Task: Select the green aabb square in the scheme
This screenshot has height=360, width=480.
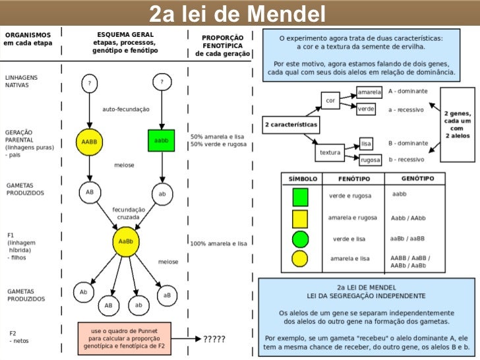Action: pos(161,141)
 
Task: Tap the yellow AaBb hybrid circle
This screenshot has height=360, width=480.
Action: pos(125,241)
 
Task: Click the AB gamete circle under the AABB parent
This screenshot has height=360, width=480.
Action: pos(90,193)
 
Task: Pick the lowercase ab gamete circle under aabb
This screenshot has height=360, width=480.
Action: pos(162,194)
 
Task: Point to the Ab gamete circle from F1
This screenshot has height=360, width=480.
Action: pos(84,291)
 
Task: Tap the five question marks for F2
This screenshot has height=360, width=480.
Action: pos(214,340)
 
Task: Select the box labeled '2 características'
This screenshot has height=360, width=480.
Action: pos(291,124)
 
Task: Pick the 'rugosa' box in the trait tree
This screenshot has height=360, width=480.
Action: pos(370,160)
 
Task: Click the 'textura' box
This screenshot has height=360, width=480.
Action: pos(330,152)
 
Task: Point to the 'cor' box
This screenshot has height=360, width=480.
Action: pos(330,101)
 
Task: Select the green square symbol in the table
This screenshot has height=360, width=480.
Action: pos(300,196)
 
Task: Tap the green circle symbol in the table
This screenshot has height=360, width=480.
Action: pos(300,239)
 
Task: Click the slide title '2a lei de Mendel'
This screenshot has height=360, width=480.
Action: pos(237,13)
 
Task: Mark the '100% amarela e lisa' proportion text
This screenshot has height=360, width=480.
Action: pos(218,243)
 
